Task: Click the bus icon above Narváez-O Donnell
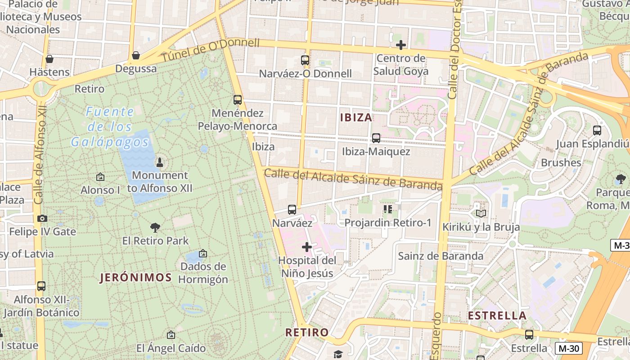tap(305, 60)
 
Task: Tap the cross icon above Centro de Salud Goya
tap(400, 45)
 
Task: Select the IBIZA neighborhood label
tap(356, 117)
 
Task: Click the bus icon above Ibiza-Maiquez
tap(376, 138)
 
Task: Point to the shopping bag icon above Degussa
tap(135, 55)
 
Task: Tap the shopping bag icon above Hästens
tap(49, 59)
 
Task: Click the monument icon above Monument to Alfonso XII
tap(159, 162)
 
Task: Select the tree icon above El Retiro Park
tap(155, 227)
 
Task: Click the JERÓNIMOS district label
tap(135, 277)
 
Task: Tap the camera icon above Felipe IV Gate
tap(42, 219)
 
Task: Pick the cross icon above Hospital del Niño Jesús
tap(307, 247)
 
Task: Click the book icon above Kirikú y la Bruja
tap(481, 213)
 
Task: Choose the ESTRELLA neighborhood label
tap(497, 315)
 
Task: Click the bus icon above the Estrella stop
tap(529, 335)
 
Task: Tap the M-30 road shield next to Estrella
tap(568, 348)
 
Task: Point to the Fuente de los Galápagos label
tap(110, 127)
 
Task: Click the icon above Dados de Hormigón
tap(203, 254)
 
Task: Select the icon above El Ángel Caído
tap(171, 335)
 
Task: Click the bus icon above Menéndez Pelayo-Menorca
tap(238, 100)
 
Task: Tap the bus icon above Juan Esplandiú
tap(597, 130)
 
